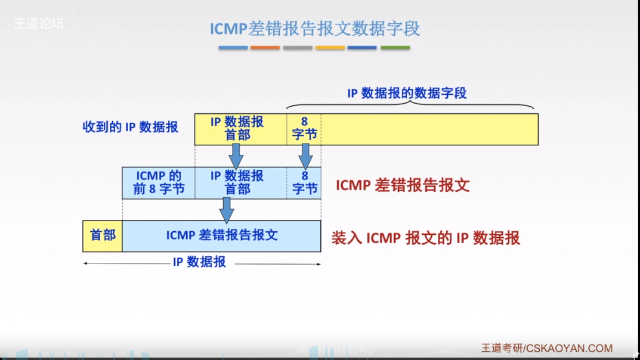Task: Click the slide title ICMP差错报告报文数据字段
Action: (x=315, y=28)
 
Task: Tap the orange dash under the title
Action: (x=265, y=48)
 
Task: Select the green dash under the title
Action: (x=395, y=48)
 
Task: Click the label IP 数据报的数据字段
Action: (x=407, y=93)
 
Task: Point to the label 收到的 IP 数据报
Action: (x=130, y=127)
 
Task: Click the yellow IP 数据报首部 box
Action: (x=237, y=129)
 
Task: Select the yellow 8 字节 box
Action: (x=304, y=129)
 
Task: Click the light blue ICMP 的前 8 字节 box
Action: (x=158, y=183)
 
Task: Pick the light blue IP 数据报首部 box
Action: (x=237, y=183)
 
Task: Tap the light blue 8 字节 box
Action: (x=304, y=183)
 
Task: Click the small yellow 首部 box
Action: (x=103, y=235)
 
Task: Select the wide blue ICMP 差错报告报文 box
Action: (x=222, y=235)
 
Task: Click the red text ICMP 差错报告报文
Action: (x=403, y=185)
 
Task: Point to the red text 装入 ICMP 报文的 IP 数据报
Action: (x=425, y=238)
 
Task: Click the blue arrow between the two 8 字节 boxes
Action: (x=305, y=156)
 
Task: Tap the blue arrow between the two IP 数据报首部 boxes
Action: (x=236, y=156)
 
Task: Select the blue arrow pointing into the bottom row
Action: (x=226, y=210)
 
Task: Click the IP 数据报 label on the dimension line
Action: (x=199, y=262)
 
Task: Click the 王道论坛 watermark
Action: (x=38, y=24)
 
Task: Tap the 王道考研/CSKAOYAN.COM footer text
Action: (x=546, y=348)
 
